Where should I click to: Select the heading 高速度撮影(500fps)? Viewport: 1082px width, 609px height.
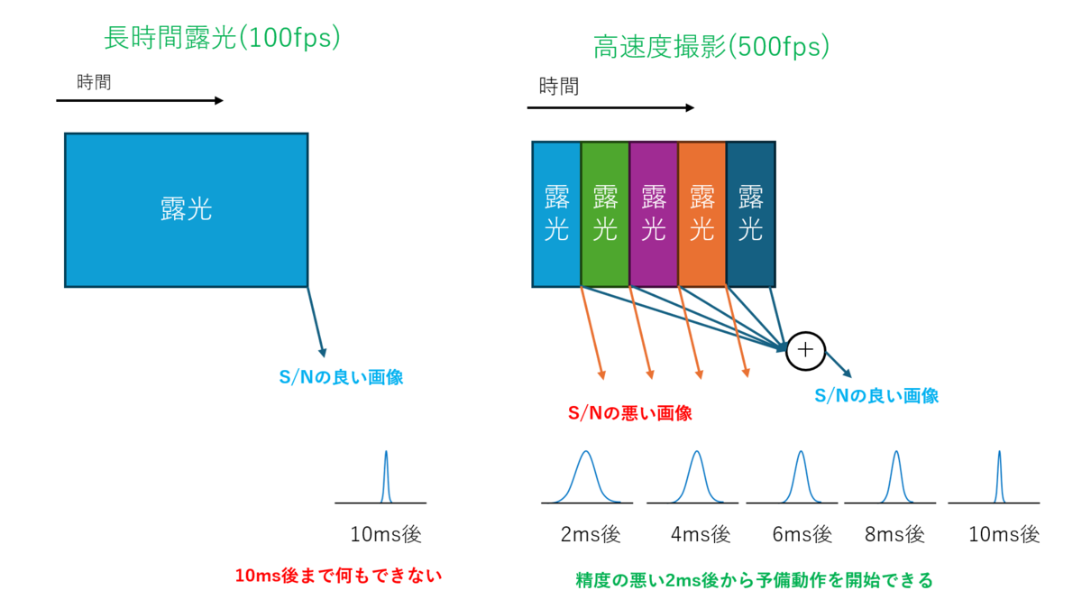pyautogui.click(x=711, y=47)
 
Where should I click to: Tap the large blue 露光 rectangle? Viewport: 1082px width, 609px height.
pyautogui.click(x=186, y=210)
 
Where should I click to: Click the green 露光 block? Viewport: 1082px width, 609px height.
pyautogui.click(x=605, y=214)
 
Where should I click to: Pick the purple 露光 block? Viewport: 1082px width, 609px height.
pyautogui.click(x=653, y=214)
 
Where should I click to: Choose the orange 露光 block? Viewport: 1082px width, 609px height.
pyautogui.click(x=701, y=214)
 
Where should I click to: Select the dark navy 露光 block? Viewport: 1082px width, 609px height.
pyautogui.click(x=750, y=214)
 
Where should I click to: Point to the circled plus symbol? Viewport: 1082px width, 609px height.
pyautogui.click(x=806, y=350)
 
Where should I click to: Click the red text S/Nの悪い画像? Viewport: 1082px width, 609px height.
pyautogui.click(x=629, y=414)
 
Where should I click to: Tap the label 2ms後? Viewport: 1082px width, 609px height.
pyautogui.click(x=591, y=534)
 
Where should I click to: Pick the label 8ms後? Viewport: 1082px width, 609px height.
pyautogui.click(x=895, y=534)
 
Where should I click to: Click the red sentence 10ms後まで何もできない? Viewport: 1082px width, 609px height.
pyautogui.click(x=338, y=575)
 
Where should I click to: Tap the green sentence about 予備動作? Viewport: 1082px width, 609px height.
pyautogui.click(x=754, y=580)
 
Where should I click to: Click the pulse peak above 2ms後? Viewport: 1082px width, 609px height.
pyautogui.click(x=586, y=452)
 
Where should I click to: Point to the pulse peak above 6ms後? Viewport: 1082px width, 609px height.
pyautogui.click(x=800, y=452)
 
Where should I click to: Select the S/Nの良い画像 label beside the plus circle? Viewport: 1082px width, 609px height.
pyautogui.click(x=876, y=395)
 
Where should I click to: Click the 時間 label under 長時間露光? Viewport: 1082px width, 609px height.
pyautogui.click(x=94, y=82)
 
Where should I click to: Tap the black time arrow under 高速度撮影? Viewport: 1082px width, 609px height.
pyautogui.click(x=610, y=108)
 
